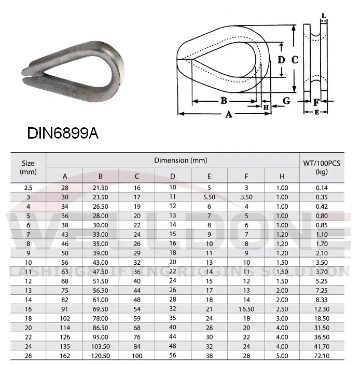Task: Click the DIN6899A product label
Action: (62, 133)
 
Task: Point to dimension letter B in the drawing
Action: (224, 100)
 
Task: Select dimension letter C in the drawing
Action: (295, 60)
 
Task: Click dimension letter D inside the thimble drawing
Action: (281, 60)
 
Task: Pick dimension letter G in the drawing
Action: (286, 101)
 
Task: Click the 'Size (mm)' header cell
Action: (28, 167)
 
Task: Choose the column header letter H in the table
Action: (282, 175)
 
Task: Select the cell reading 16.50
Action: (246, 308)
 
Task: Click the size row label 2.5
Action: (28, 187)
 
